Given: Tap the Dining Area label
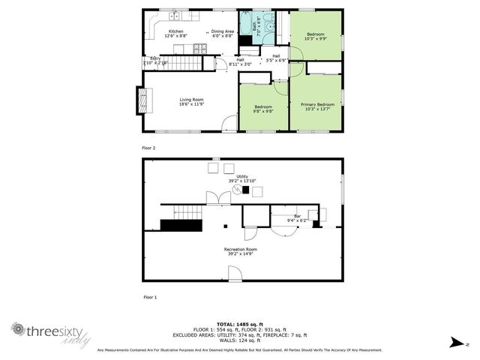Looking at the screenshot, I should click(222, 31).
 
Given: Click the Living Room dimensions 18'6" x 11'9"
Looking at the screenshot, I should click(191, 104).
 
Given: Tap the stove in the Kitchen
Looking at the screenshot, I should click(201, 49).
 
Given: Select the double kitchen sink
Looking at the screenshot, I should click(174, 16).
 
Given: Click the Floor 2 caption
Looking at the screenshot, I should click(148, 148).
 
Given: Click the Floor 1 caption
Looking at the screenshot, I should click(149, 298).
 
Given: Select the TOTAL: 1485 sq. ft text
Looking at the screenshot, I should click(240, 323).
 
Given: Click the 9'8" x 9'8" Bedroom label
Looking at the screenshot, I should click(263, 111).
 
